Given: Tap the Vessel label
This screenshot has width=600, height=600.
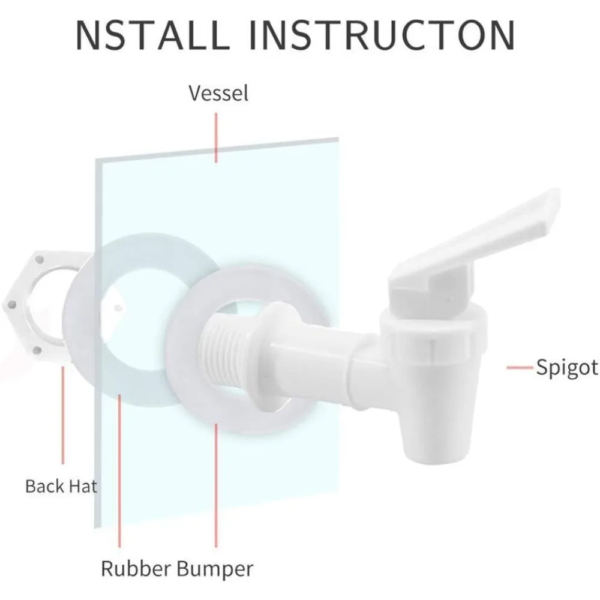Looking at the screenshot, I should (x=218, y=94).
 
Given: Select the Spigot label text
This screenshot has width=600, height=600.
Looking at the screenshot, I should (x=567, y=367).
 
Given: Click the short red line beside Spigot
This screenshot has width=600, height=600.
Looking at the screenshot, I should (x=520, y=367).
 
